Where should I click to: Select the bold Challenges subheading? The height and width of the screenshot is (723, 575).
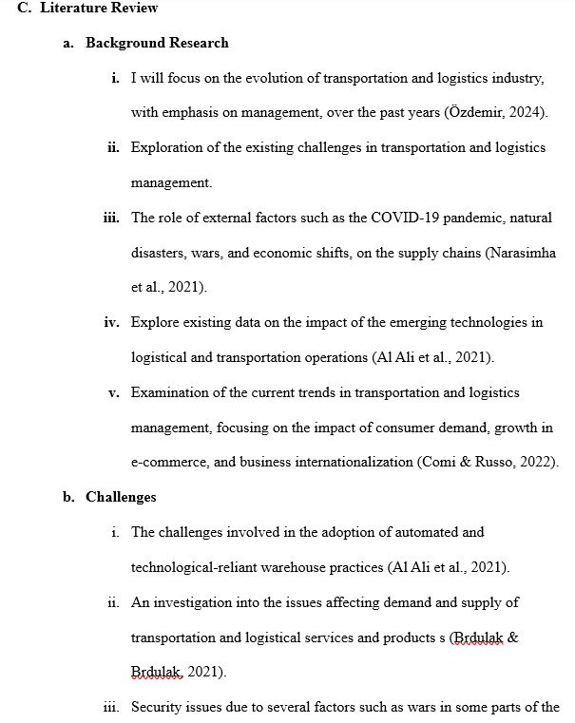point(121,497)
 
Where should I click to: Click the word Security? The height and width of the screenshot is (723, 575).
point(156,707)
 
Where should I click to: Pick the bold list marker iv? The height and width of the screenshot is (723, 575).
point(112,322)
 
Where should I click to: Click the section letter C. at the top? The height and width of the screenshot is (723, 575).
point(23,9)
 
